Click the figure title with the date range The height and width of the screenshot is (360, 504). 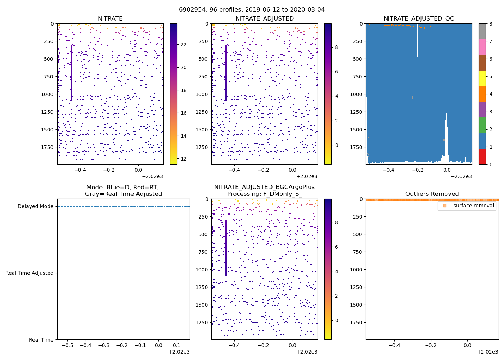[252, 10]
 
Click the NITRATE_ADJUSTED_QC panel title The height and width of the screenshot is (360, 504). [419, 19]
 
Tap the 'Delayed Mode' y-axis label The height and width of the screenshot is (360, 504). [35, 206]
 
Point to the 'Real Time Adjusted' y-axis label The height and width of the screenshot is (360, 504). [29, 273]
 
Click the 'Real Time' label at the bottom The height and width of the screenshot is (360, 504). [41, 340]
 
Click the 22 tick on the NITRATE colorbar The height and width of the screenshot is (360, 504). [184, 45]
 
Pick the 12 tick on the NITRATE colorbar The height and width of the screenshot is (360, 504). [184, 159]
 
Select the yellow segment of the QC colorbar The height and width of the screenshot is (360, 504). [482, 78]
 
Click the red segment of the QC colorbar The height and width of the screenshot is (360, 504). [482, 156]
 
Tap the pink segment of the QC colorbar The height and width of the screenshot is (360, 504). [482, 47]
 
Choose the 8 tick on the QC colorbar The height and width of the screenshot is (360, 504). [491, 24]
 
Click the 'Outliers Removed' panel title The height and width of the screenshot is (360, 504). [432, 194]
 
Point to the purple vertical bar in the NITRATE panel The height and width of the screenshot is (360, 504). [72, 72]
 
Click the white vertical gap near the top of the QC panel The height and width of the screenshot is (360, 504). [417, 40]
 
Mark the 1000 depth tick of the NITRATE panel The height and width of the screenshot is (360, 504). [47, 94]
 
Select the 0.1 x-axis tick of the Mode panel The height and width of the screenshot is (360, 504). [176, 345]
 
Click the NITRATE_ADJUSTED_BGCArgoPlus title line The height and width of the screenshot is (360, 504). [264, 187]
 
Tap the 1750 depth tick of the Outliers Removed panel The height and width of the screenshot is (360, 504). [356, 323]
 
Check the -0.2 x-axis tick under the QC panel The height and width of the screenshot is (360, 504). [418, 170]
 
